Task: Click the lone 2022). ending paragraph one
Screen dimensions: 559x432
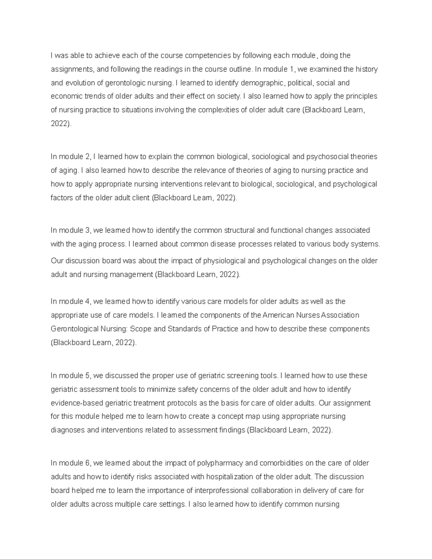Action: (x=61, y=124)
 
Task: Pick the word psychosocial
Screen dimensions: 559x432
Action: (x=328, y=157)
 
